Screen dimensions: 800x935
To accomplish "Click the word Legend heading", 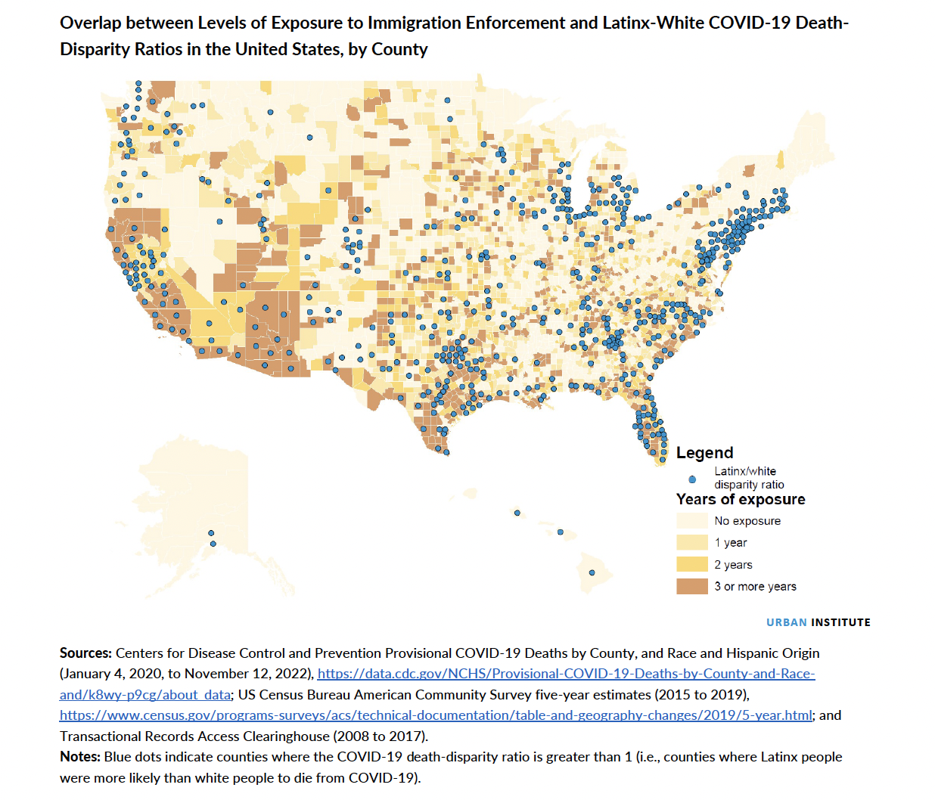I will (x=704, y=453).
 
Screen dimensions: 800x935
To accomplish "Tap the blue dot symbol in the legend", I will (x=692, y=479).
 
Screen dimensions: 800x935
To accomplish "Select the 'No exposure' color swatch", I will (x=692, y=521).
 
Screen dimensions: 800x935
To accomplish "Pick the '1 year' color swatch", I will (x=692, y=543).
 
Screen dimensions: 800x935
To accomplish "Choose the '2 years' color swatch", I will (x=692, y=565).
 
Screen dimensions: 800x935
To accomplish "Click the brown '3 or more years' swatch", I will (x=692, y=587).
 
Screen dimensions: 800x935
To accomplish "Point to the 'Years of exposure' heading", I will (x=741, y=500).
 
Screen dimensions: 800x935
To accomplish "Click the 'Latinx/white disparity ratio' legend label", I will (x=748, y=478).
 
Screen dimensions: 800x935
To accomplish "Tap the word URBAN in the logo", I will (x=786, y=622).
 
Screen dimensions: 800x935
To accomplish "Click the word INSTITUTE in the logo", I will (x=840, y=622).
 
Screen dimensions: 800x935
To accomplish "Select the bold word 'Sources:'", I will (x=85, y=653).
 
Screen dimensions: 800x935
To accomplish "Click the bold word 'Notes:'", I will (x=80, y=757).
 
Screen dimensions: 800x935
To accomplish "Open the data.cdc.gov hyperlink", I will (x=566, y=674).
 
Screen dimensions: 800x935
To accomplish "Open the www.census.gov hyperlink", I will (x=435, y=715).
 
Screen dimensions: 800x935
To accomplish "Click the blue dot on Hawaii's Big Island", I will (x=592, y=572).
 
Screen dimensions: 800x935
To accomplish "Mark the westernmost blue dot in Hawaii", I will (x=517, y=513).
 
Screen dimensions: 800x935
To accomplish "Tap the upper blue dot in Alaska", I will (x=212, y=533).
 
